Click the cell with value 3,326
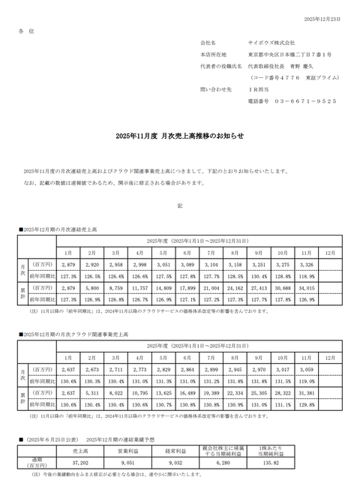pos(306,265)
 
